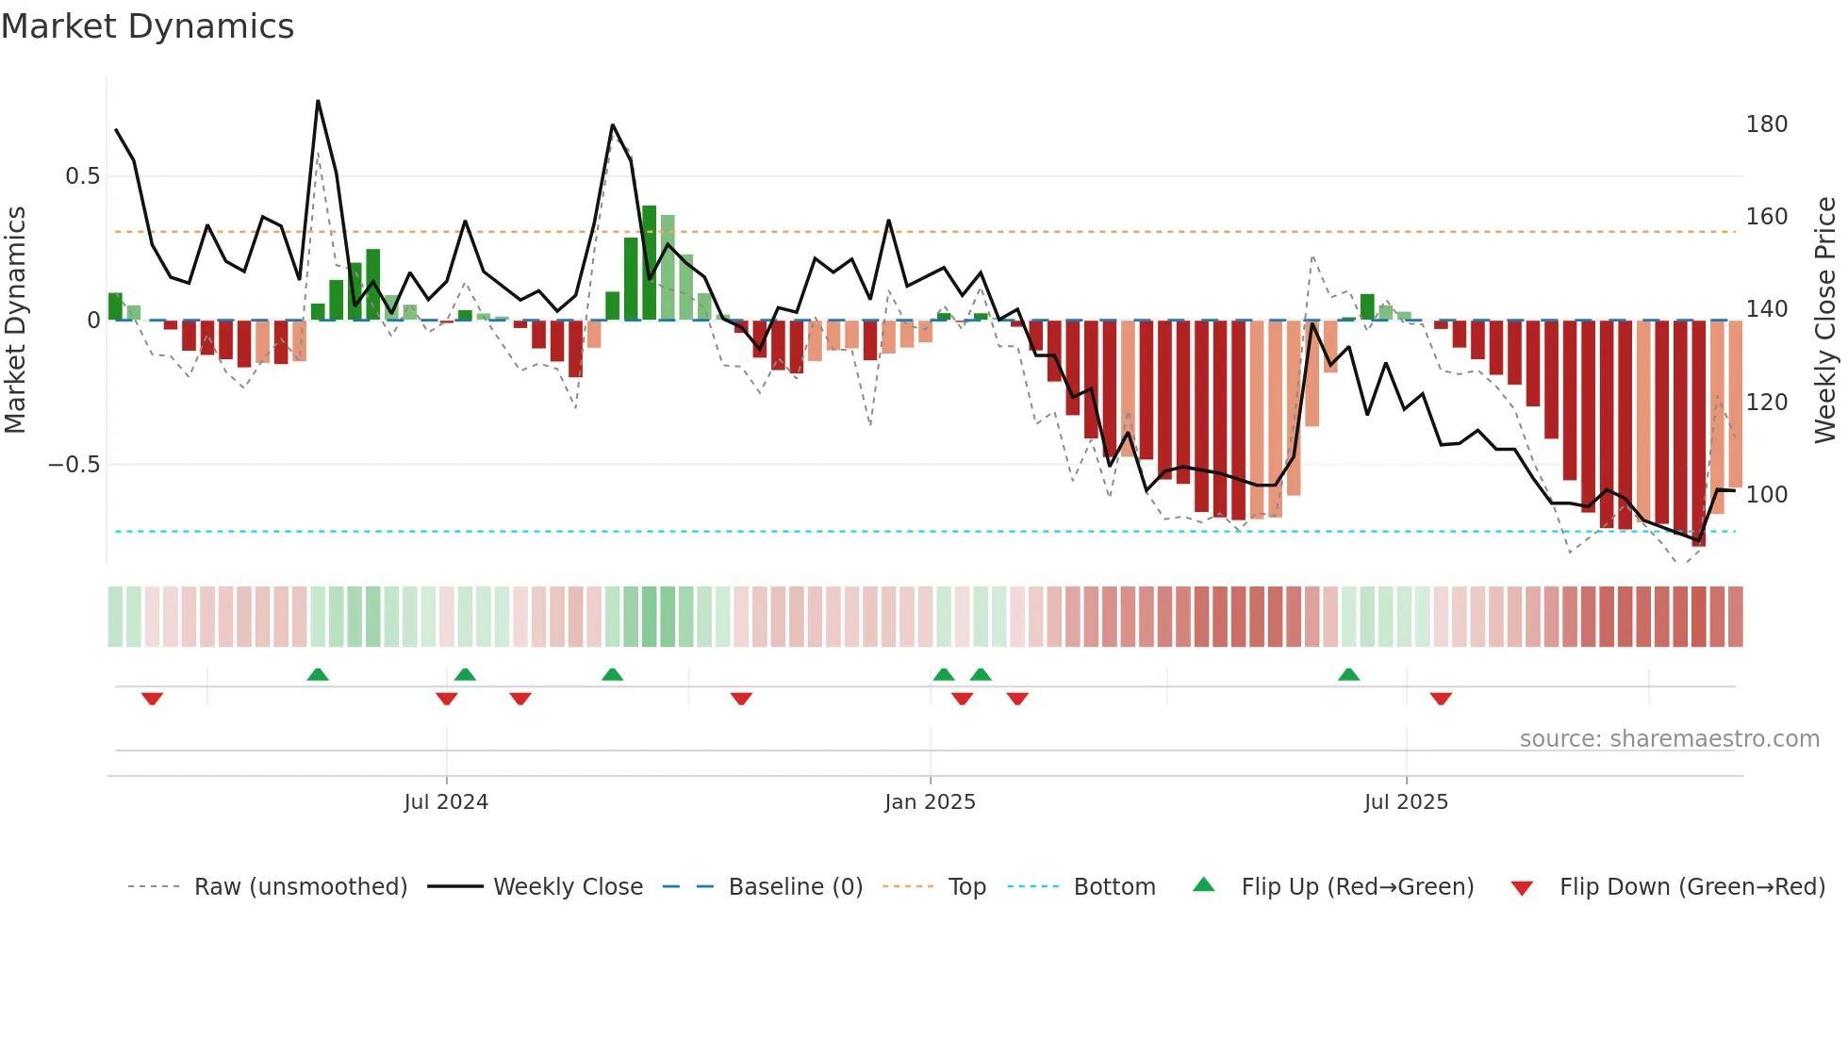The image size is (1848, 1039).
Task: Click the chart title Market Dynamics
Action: pos(148,26)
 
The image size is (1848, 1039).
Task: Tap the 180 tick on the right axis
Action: pos(1766,124)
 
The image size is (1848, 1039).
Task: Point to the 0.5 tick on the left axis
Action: pos(82,176)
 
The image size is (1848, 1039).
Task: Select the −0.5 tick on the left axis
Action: pos(74,465)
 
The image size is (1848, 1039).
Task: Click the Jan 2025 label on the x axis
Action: pos(930,802)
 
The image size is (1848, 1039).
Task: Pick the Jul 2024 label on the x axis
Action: pos(446,802)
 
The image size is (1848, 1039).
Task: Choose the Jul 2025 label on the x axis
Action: pos(1406,802)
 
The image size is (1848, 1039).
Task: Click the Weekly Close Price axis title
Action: pos(1825,321)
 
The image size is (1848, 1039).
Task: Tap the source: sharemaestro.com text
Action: pos(1669,739)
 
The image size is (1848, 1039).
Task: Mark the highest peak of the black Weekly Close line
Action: pos(318,101)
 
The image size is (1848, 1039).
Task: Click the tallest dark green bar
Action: pos(649,262)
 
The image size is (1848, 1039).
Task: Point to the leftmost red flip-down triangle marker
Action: pos(152,699)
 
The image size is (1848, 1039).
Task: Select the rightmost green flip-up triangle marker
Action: pos(1348,674)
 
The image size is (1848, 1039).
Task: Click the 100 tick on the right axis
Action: pos(1766,495)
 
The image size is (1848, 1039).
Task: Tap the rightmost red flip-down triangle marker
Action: pos(1440,699)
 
